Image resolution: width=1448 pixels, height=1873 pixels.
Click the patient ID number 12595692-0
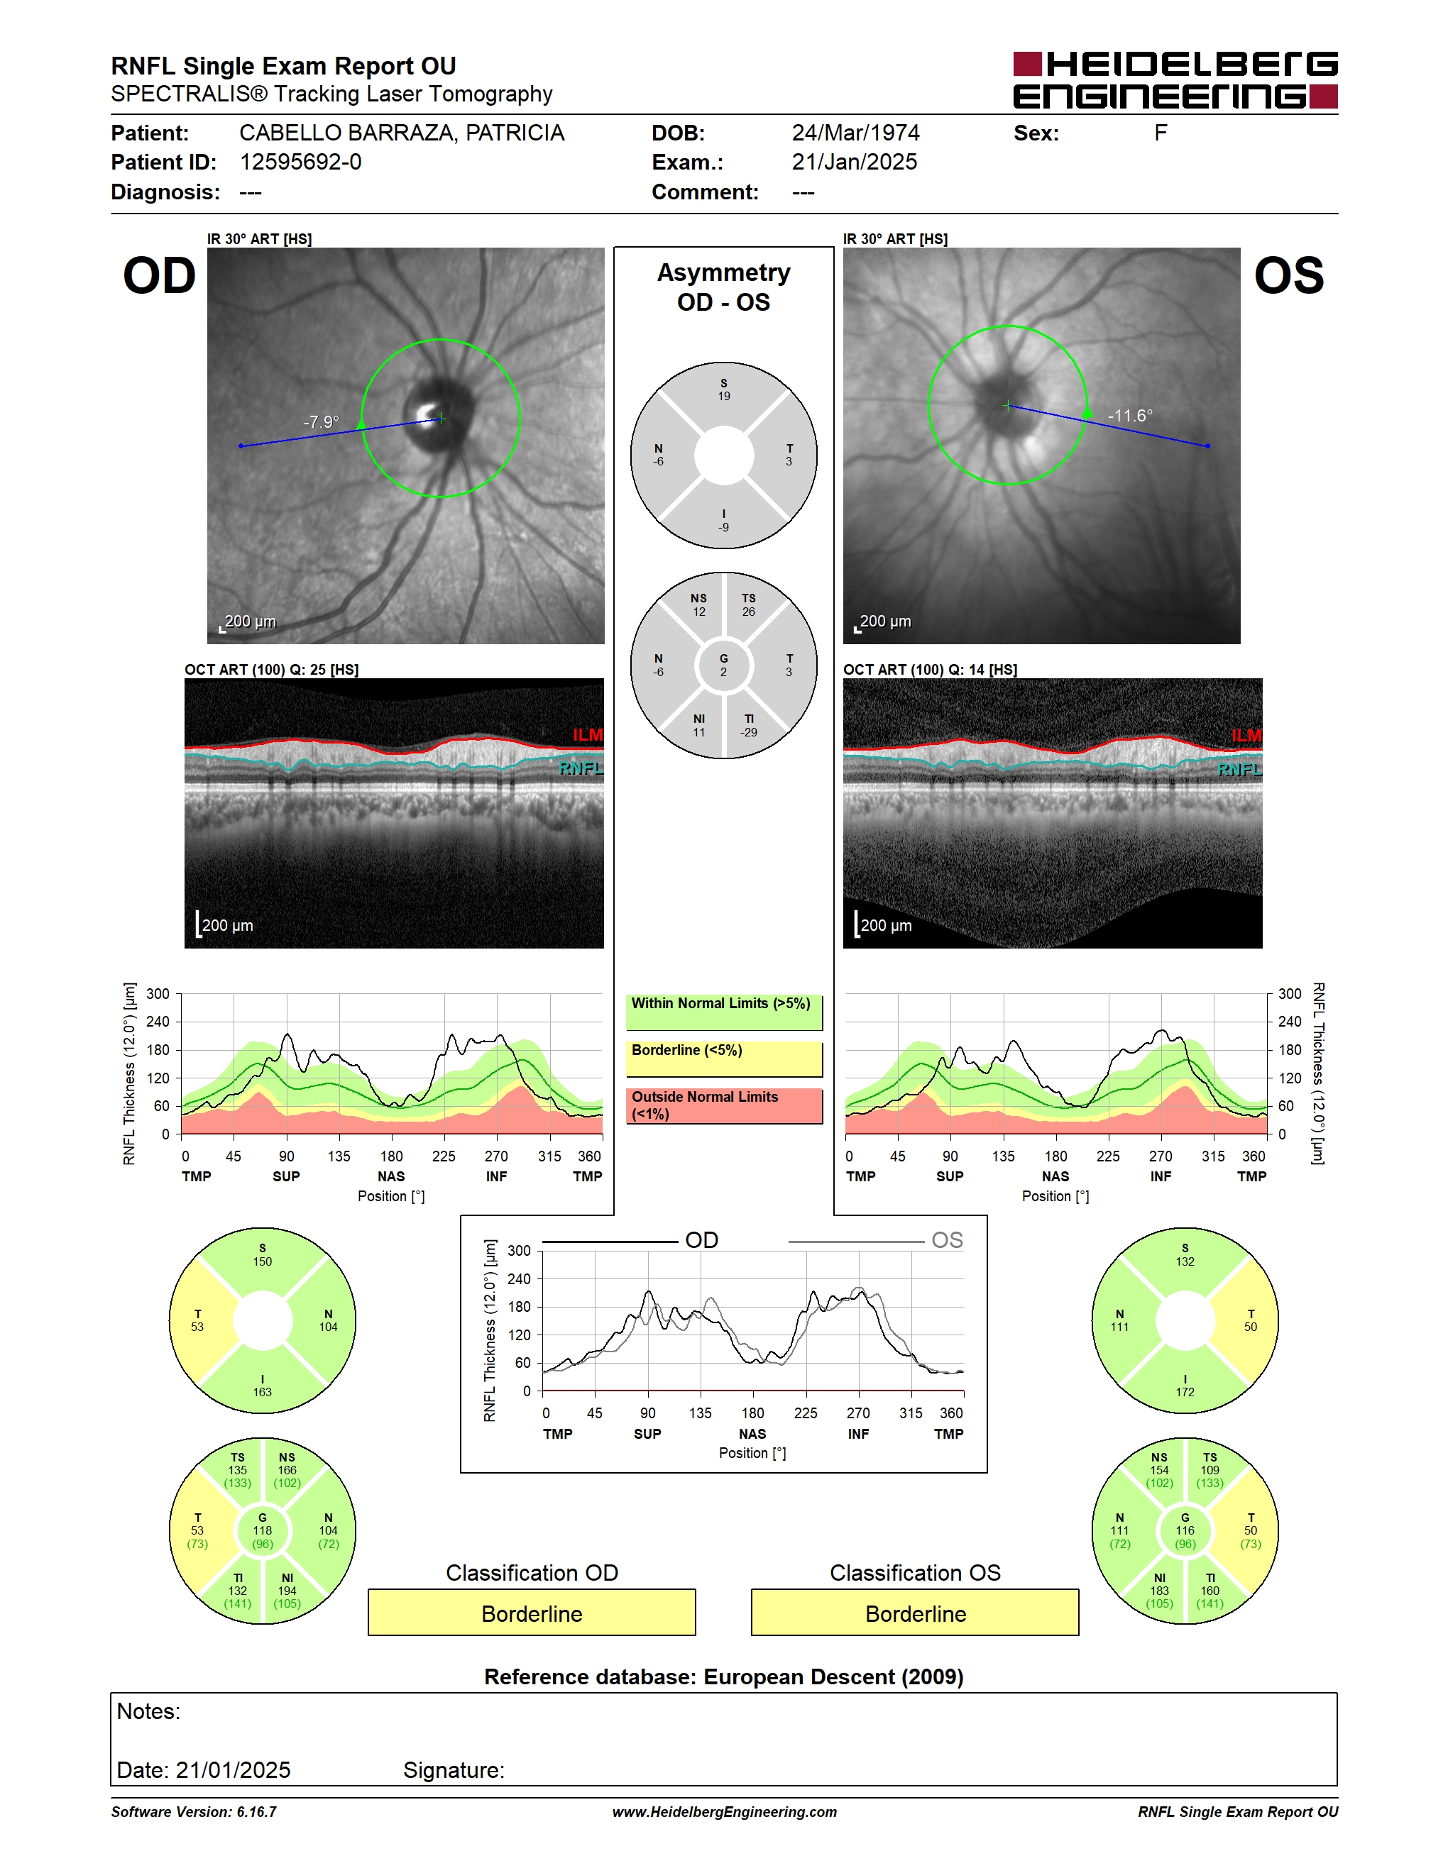300,162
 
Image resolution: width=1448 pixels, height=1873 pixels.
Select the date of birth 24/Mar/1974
855,133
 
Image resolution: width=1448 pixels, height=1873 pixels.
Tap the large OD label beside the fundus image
160,276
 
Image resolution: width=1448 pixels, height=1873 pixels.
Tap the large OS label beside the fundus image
1288,276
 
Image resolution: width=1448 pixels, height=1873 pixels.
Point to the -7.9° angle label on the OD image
322,422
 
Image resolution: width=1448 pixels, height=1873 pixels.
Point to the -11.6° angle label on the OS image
1130,415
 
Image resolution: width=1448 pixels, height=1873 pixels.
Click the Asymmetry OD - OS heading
724,287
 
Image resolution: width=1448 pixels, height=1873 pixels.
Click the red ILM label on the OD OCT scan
588,735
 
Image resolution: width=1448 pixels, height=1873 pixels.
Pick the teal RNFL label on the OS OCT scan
1239,769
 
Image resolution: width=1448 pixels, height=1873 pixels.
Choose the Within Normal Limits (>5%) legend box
724,1012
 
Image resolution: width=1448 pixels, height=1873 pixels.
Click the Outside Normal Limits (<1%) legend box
724,1105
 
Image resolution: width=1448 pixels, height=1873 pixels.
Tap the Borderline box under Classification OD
532,1613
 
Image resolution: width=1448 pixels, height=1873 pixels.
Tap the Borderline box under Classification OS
916,1613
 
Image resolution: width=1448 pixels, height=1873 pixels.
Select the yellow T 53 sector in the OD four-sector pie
199,1321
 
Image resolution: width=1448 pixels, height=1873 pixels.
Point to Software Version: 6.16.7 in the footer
194,1811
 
